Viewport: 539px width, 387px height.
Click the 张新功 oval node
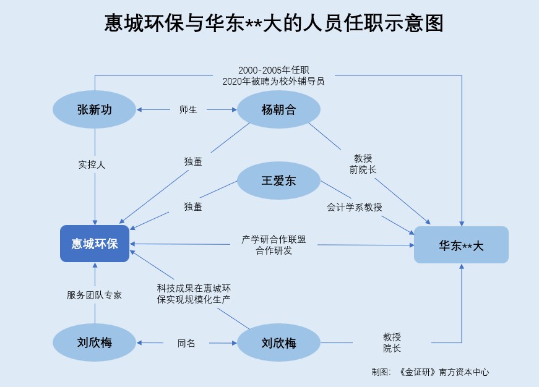(95, 110)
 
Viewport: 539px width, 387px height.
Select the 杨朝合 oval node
(278, 110)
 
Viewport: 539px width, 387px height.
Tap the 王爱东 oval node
(278, 181)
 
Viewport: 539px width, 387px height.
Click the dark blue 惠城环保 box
(95, 244)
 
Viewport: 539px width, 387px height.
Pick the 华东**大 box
(461, 245)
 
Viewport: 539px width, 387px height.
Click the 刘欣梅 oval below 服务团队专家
(95, 342)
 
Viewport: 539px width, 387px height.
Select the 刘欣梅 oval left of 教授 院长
(278, 342)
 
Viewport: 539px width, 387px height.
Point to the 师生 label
(188, 110)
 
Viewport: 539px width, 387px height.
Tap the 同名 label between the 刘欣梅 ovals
(186, 342)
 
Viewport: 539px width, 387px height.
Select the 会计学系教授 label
(355, 208)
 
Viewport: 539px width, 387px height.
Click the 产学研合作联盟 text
(274, 239)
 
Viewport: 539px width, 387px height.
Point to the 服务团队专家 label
(95, 295)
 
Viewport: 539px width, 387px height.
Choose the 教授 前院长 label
(363, 163)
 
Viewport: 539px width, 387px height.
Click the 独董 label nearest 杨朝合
(192, 162)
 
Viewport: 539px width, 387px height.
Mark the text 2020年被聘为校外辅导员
(274, 81)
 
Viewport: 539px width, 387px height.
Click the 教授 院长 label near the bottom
(392, 342)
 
